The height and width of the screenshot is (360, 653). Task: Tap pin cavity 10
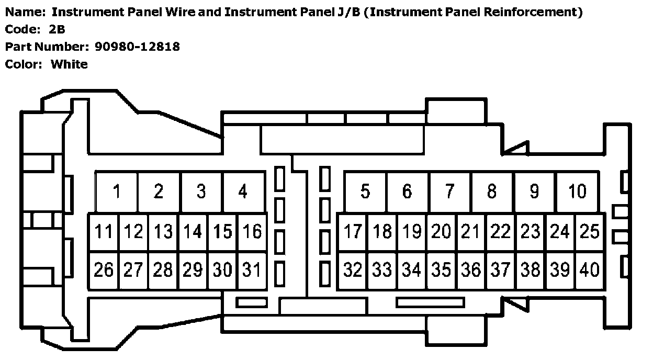coord(577,192)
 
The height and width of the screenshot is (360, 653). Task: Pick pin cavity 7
coord(450,192)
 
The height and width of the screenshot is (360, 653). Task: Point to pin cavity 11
coord(104,231)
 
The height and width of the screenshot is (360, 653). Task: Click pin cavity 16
coord(252,231)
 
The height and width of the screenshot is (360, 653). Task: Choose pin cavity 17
coord(353,231)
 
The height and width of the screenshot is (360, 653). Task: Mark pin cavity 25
coord(590,231)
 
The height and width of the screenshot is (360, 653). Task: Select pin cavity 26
coord(104,270)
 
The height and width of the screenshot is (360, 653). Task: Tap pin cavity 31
coord(252,270)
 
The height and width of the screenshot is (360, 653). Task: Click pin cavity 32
coord(353,270)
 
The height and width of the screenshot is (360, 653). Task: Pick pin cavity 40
coord(590,270)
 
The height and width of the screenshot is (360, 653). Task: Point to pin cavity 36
coord(471,270)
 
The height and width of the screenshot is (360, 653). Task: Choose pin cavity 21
coord(471,231)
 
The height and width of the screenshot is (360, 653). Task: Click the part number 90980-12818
coord(137,47)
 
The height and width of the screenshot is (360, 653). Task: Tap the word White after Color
coord(69,64)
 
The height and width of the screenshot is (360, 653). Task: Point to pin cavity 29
coord(193,270)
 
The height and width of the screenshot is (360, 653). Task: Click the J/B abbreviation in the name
coord(347,12)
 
